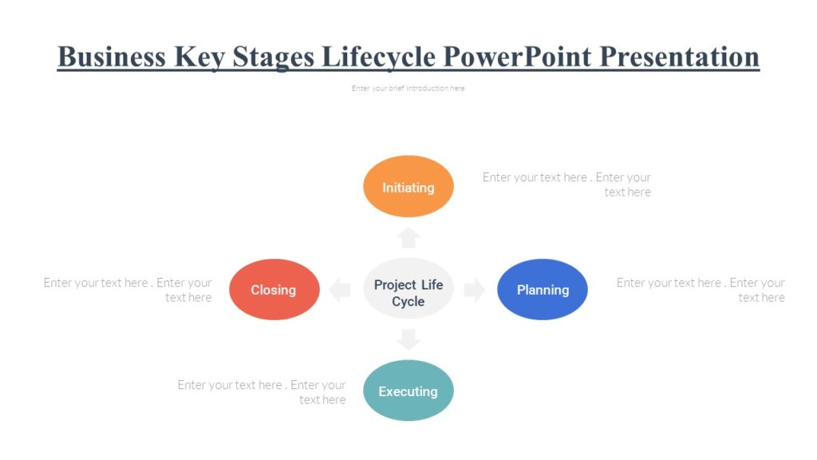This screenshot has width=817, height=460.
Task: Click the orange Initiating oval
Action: [408, 187]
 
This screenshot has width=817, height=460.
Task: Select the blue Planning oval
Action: [543, 289]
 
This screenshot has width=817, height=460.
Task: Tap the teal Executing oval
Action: [408, 391]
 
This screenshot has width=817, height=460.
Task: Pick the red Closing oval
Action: [274, 289]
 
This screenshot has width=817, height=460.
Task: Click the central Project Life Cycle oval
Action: [408, 292]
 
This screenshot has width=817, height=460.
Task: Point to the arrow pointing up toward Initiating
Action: [408, 237]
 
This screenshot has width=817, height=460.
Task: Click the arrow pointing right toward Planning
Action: [475, 290]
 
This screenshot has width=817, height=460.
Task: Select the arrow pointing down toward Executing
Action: [408, 339]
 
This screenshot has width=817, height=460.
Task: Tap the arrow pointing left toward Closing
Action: [341, 290]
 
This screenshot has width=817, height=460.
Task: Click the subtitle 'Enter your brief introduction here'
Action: [408, 89]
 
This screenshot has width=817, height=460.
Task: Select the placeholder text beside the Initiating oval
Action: [566, 184]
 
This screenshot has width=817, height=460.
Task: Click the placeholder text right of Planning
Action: [701, 290]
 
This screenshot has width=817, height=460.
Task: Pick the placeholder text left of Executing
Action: [262, 392]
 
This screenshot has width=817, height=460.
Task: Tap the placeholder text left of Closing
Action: [128, 290]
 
